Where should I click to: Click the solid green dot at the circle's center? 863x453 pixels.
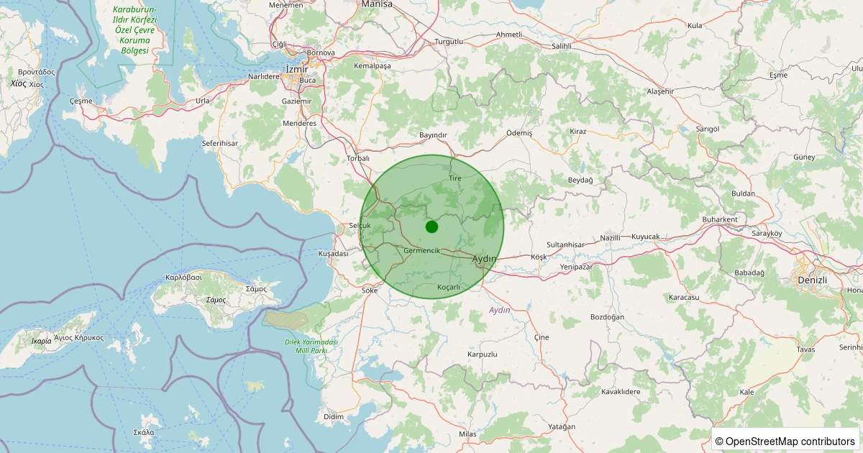coord(431,226)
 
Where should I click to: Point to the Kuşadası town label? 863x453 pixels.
coord(333,254)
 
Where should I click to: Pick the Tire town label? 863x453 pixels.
coord(455,178)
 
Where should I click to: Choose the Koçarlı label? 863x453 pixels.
coord(448,287)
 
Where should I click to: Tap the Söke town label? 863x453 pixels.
coord(370,290)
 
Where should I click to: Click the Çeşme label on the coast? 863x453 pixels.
coord(81,101)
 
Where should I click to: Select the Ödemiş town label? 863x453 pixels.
coord(519,133)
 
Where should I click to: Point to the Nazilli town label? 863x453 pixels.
coord(610,237)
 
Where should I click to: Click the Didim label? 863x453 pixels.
coord(334,417)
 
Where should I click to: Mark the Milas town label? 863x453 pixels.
coord(467,434)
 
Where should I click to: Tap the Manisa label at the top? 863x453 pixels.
coord(377,4)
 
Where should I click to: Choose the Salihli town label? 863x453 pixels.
coord(561,45)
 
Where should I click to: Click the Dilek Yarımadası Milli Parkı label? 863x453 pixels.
coord(311,346)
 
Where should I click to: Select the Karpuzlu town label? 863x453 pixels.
coord(482,354)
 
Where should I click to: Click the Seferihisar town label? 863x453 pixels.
coord(219,144)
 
